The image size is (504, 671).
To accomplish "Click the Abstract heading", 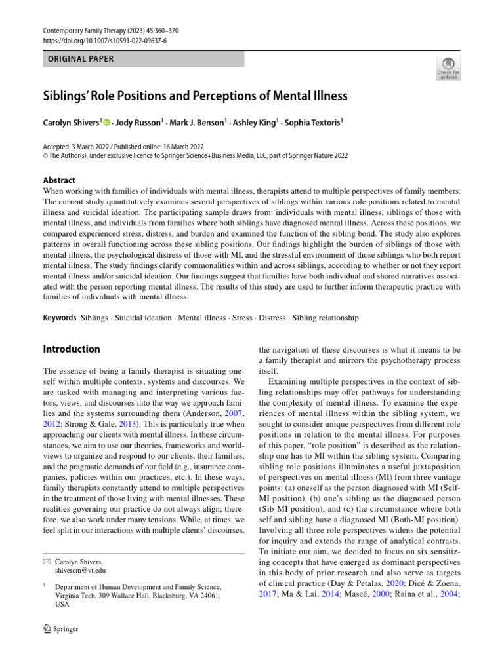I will point(58,180).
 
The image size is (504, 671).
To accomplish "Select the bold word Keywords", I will point(59,318).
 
